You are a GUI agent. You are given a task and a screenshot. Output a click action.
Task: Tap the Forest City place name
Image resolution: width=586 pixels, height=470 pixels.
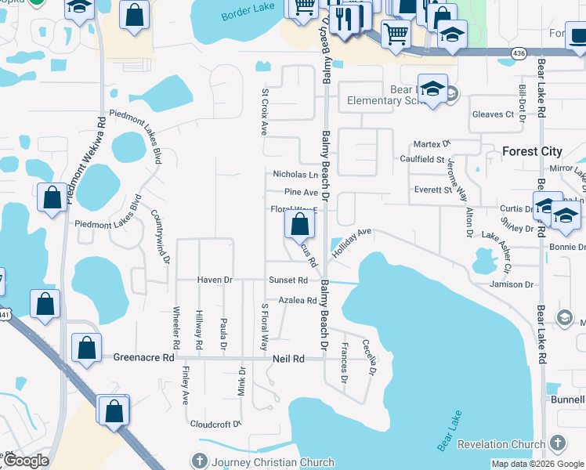pos(532,151)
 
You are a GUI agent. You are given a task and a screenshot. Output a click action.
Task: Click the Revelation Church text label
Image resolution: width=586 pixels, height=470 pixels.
pos(501,444)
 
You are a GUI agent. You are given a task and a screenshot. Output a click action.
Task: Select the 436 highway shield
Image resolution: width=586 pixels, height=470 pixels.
pos(518,52)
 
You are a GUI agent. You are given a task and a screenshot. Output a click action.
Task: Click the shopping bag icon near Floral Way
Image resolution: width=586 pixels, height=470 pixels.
pos(299,226)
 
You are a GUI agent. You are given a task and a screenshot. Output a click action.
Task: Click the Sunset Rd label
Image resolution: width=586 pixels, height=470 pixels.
pos(288,280)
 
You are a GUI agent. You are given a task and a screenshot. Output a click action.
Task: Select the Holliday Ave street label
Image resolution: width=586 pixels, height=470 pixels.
pos(350,243)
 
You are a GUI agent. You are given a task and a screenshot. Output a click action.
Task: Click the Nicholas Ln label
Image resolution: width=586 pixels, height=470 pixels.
pos(295,175)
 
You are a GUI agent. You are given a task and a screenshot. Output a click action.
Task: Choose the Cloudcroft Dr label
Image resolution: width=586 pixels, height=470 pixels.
pos(215,424)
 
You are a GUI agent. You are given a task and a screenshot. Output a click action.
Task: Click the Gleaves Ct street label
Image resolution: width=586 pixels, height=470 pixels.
pos(493,114)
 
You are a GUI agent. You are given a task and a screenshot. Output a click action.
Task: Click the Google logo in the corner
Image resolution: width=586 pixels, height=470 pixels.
pos(25,461)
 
